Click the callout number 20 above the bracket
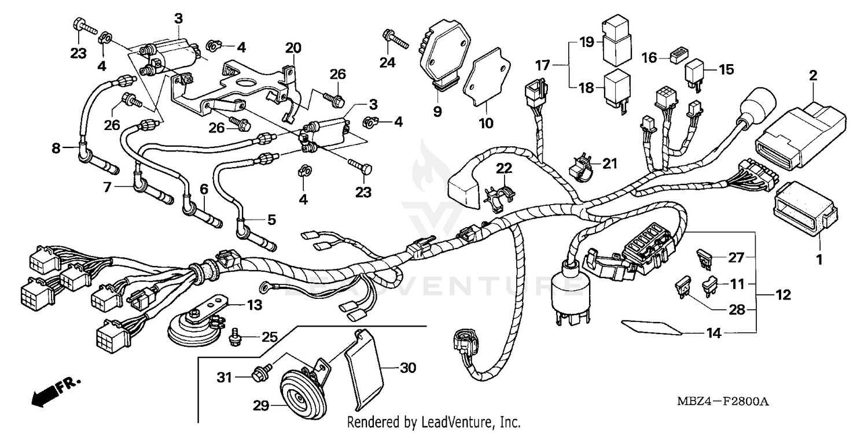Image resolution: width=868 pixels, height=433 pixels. point(293,48)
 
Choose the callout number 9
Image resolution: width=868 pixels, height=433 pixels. point(437,111)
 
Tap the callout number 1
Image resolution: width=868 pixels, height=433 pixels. point(819,260)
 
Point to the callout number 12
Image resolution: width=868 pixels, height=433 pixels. point(782,295)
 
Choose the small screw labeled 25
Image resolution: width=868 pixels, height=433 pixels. point(235,337)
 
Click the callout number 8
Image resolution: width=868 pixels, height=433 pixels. point(56,148)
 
